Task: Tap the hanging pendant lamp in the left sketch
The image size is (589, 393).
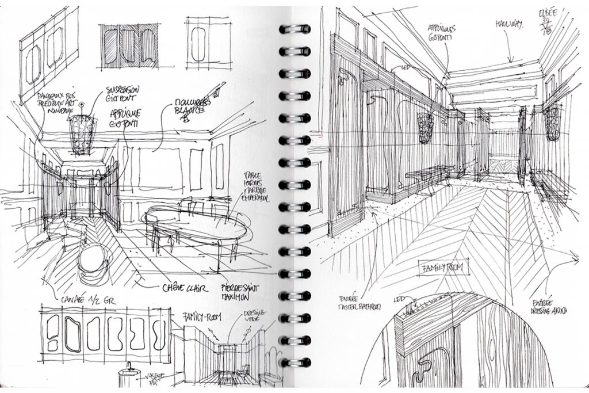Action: [x=82, y=133]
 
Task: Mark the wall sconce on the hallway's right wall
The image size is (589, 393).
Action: [x=553, y=123]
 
